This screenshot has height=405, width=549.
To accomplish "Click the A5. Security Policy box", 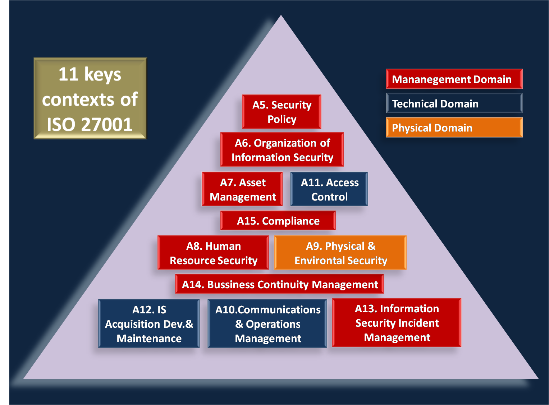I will (x=282, y=112).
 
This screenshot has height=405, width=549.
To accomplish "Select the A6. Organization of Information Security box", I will (x=282, y=150).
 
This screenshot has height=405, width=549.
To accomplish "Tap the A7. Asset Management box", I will (x=242, y=189).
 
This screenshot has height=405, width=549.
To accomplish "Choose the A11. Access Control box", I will (x=329, y=189).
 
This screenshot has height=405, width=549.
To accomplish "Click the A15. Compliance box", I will (x=278, y=221).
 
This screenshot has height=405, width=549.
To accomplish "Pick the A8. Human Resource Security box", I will (x=213, y=253).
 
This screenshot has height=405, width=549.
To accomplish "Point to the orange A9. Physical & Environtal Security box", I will (x=340, y=253).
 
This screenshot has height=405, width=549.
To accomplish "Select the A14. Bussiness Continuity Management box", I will (x=279, y=284).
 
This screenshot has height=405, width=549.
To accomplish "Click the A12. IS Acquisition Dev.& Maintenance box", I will (x=149, y=324).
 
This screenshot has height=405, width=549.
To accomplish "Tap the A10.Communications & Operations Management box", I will (x=267, y=324).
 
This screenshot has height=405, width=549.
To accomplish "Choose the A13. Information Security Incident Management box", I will (x=397, y=323).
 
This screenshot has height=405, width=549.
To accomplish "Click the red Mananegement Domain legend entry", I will (x=454, y=79).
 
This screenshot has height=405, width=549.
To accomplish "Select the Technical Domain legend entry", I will (x=454, y=103).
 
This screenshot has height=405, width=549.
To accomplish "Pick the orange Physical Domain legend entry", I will (x=454, y=128).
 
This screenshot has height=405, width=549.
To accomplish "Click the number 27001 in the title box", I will (x=107, y=124).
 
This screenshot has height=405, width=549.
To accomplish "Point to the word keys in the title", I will (x=102, y=75).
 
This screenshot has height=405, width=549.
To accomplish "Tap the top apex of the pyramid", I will (x=281, y=16).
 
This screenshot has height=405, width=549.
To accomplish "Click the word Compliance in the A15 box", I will (x=290, y=221).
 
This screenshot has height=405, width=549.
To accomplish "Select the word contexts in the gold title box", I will (x=79, y=100).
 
